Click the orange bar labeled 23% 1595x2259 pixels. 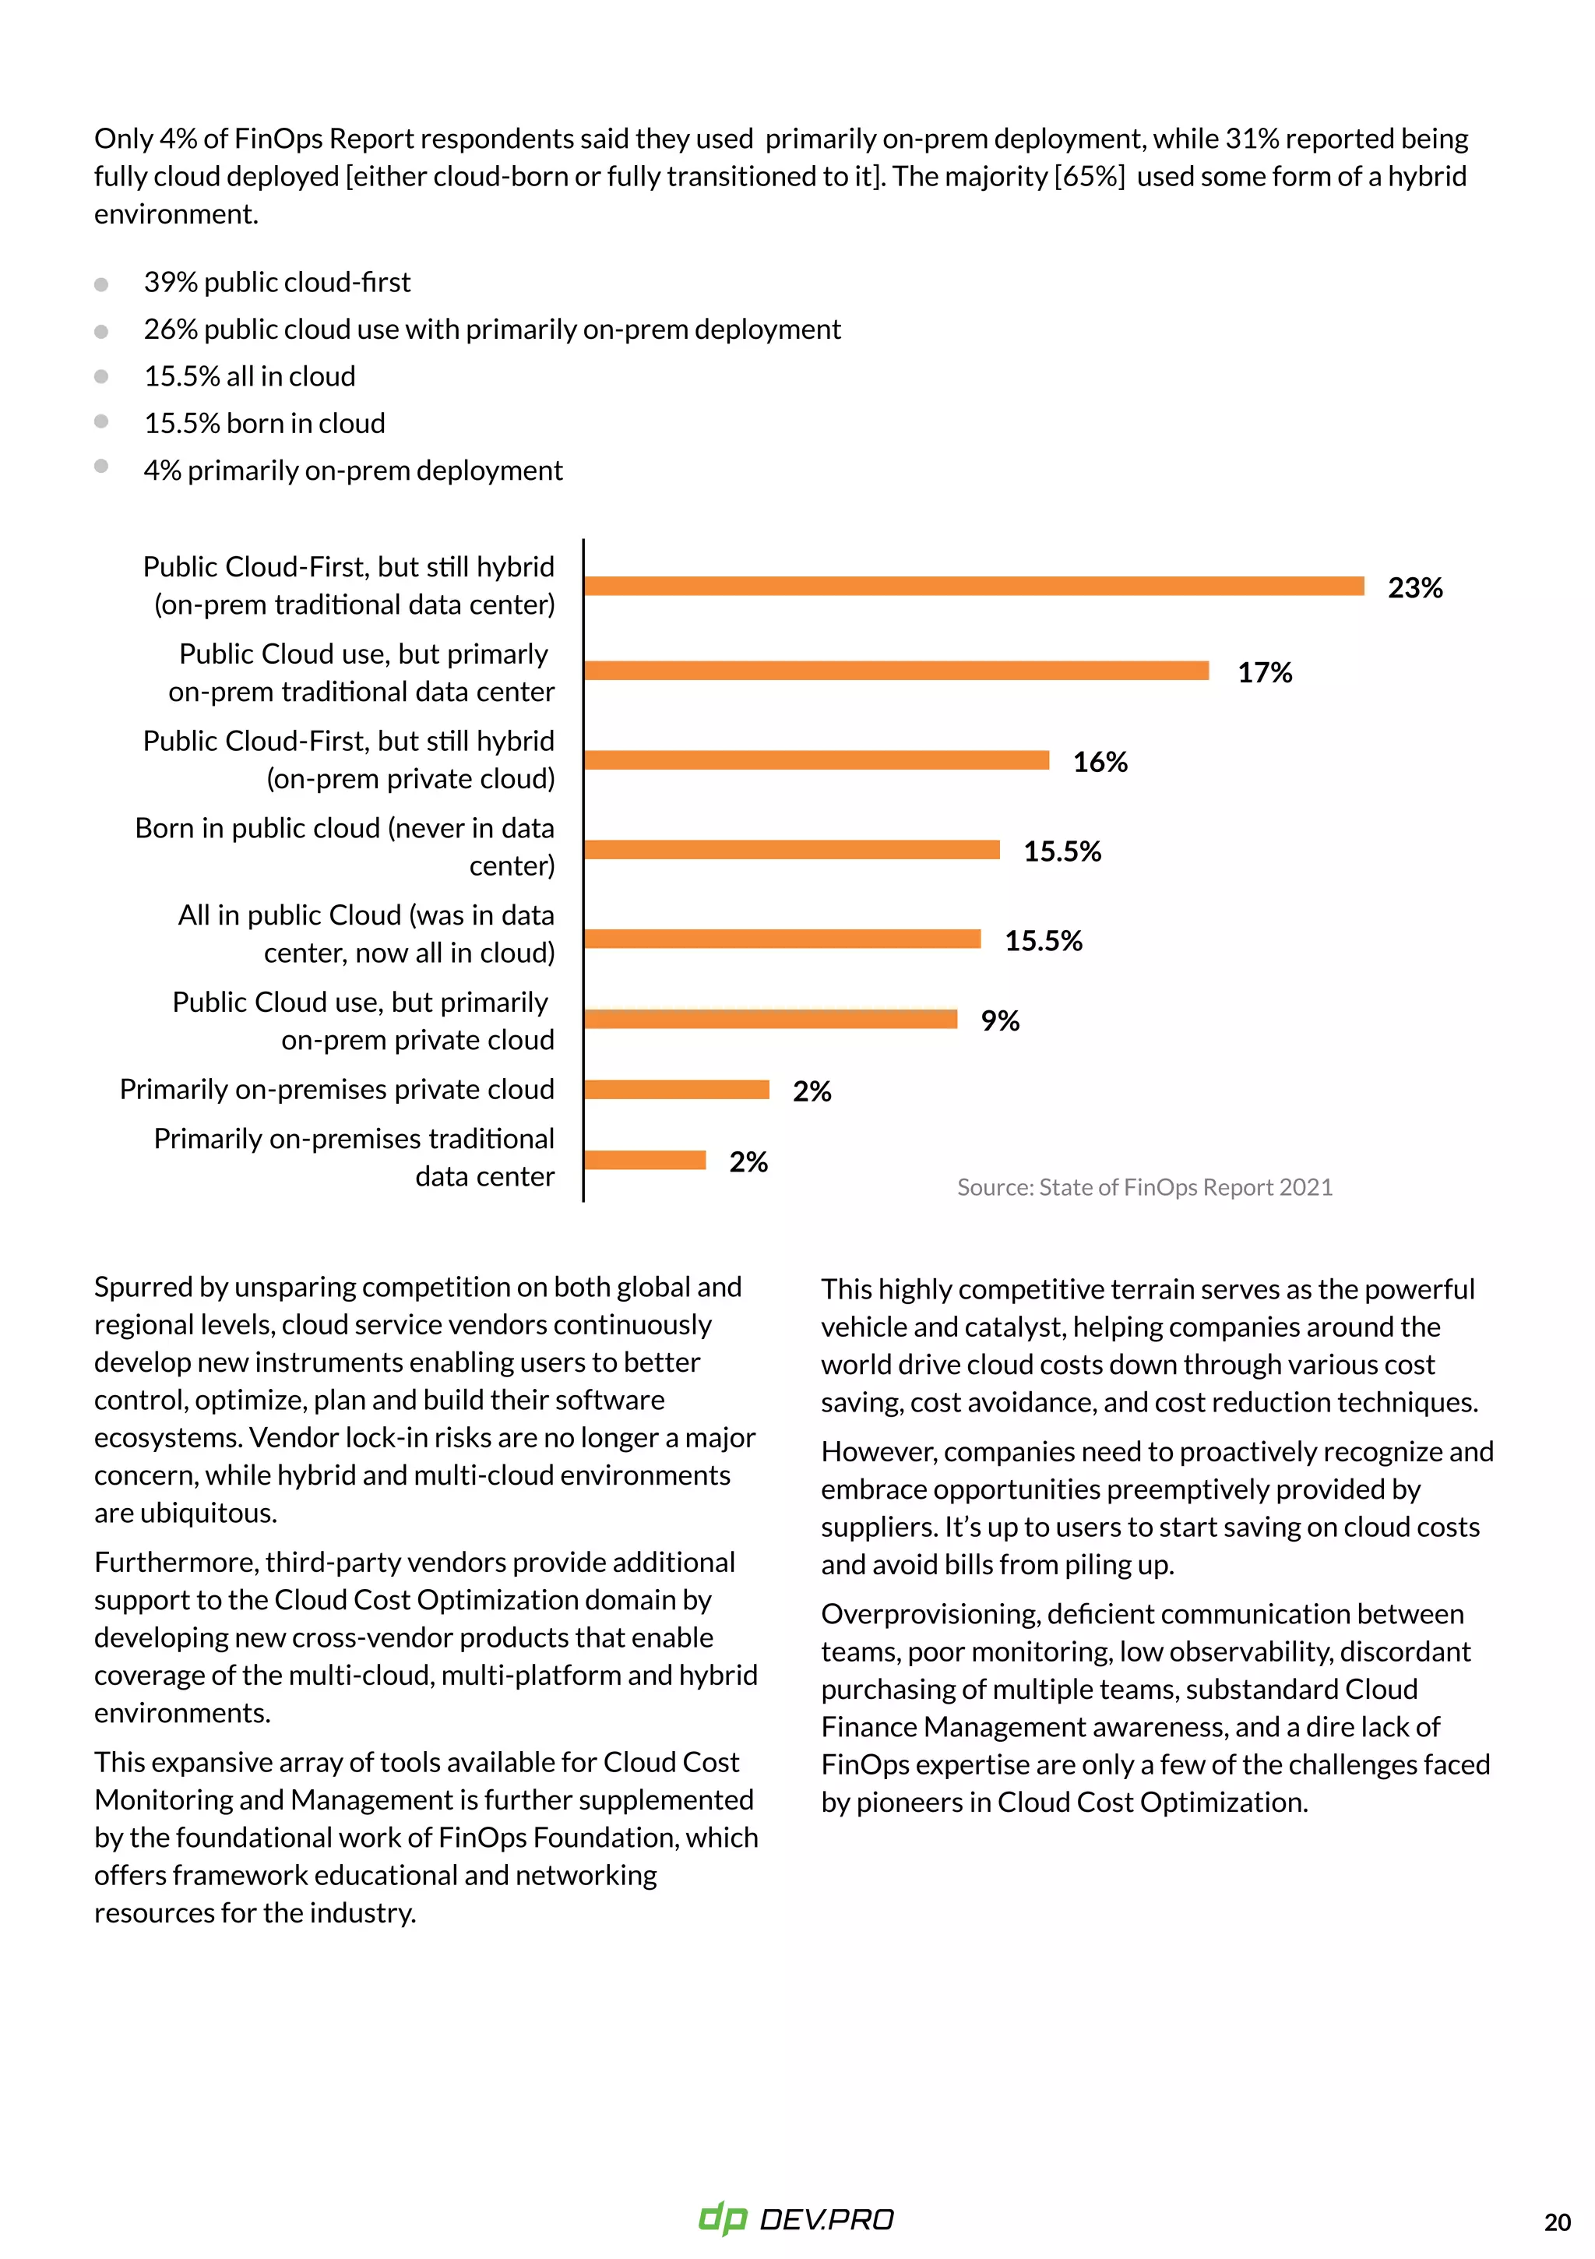pyautogui.click(x=974, y=587)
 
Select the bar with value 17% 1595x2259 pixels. pyautogui.click(x=896, y=671)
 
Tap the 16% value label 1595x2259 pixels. pyautogui.click(x=1099, y=763)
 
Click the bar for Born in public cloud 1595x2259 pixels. pyautogui.click(x=791, y=850)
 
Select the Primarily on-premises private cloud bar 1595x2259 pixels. pyautogui.click(x=676, y=1090)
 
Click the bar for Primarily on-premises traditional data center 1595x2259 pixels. pyautogui.click(x=645, y=1161)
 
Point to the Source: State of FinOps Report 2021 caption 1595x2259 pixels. pyautogui.click(x=1143, y=1188)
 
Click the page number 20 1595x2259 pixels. pyautogui.click(x=1557, y=2222)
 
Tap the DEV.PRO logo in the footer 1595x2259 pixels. pyautogui.click(x=796, y=2218)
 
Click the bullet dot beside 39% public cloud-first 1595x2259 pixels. pyautogui.click(x=101, y=284)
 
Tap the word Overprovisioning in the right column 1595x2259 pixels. pyautogui.click(x=929, y=1615)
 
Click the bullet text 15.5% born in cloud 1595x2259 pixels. pyautogui.click(x=264, y=424)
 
